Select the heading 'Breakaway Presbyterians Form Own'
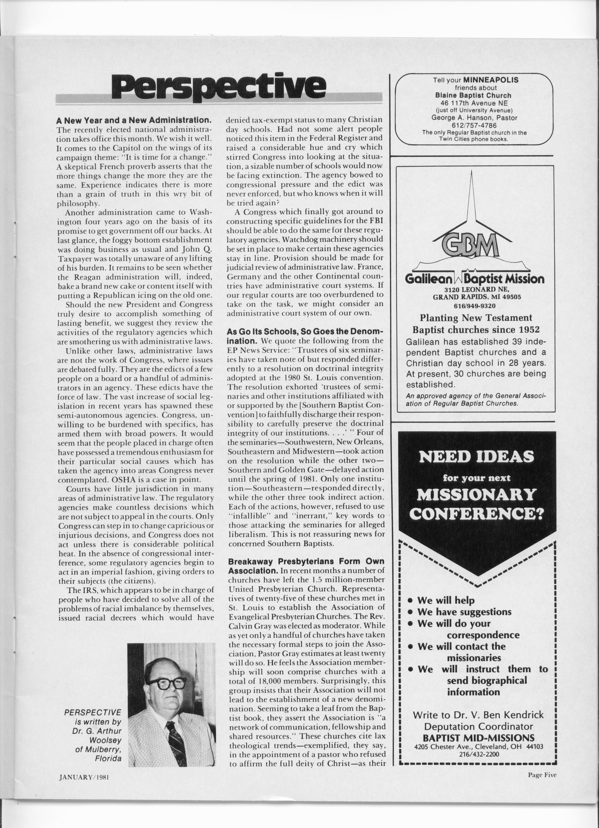click(306, 561)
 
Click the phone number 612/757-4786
click(474, 125)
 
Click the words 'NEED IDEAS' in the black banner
click(477, 456)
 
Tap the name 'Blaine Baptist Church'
click(474, 95)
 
